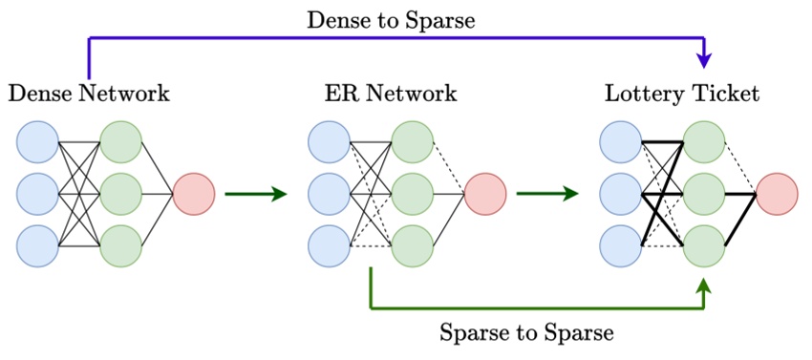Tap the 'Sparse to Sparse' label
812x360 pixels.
(526, 333)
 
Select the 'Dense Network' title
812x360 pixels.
(89, 94)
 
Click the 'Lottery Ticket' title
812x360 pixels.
(682, 94)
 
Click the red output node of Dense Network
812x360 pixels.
(194, 195)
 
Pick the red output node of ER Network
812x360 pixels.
(485, 195)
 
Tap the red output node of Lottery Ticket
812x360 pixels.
(777, 195)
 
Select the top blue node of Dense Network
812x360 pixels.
(37, 143)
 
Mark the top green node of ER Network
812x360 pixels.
(413, 143)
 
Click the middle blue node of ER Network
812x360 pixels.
(330, 195)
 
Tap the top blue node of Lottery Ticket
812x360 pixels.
(621, 143)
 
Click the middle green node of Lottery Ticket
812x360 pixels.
(704, 195)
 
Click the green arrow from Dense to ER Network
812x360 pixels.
(255, 195)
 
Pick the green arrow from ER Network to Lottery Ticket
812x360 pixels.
(546, 195)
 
